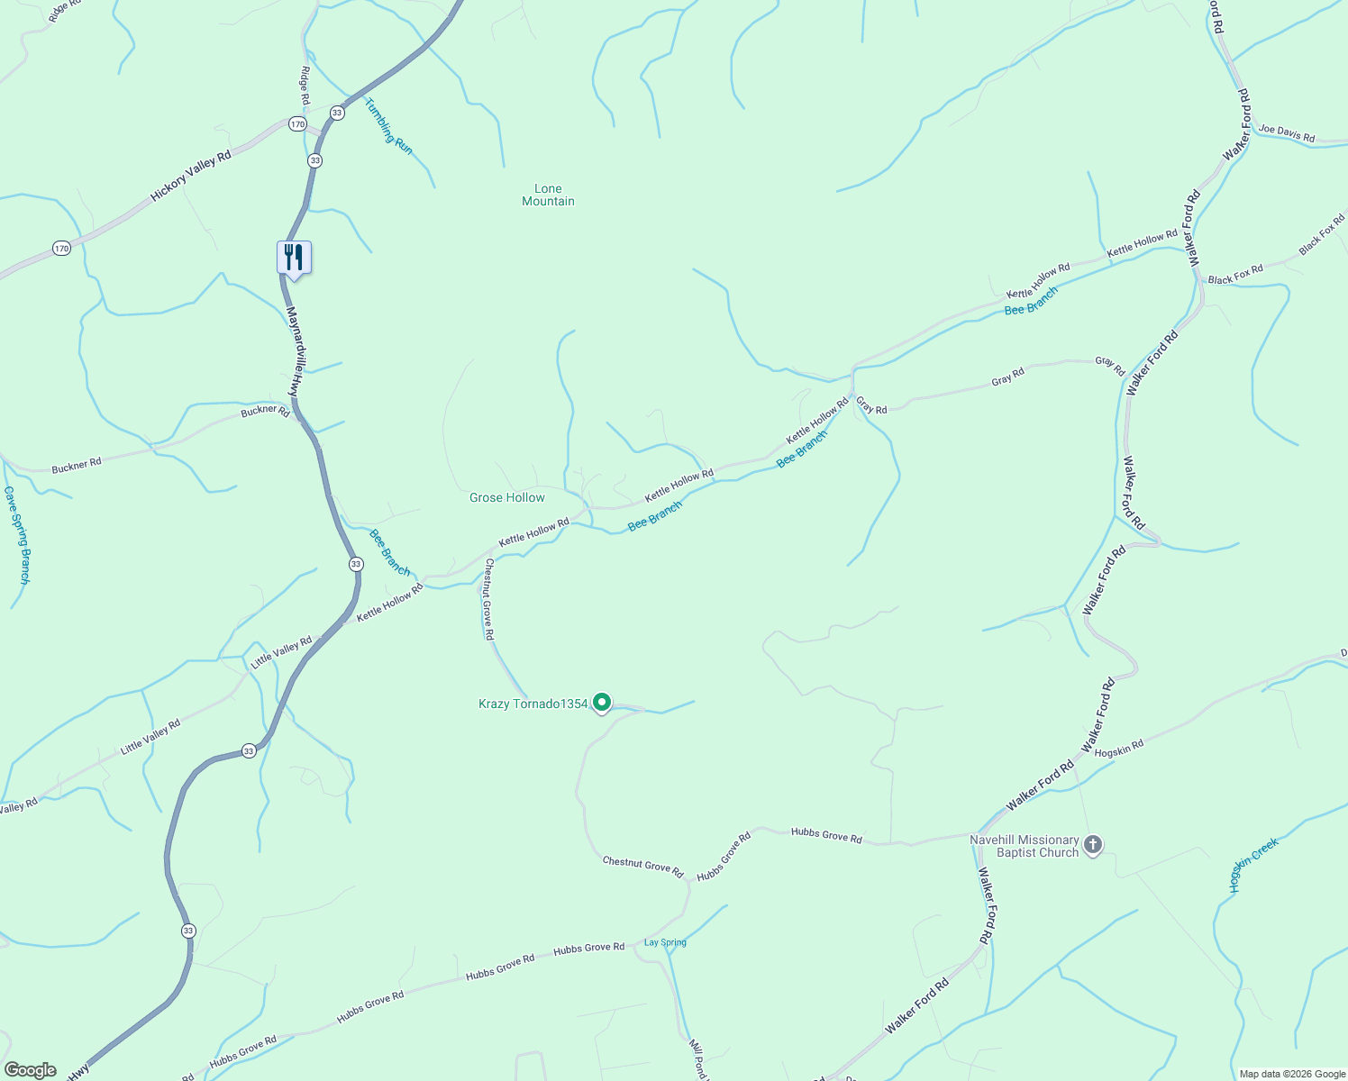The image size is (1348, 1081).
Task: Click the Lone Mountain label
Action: [x=548, y=195]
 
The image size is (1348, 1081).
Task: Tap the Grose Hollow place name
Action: [x=506, y=497]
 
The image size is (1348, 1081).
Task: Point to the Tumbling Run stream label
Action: [x=388, y=126]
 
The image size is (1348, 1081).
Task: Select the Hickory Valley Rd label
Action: [x=191, y=175]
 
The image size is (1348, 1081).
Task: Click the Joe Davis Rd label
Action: [x=1286, y=133]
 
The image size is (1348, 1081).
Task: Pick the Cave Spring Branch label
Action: [x=17, y=535]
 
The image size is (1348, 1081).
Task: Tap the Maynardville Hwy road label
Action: [x=292, y=351]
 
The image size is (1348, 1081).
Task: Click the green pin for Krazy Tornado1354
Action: [x=602, y=702]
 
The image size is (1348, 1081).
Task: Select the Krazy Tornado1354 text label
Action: [x=533, y=704]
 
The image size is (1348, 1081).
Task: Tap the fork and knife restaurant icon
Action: [x=294, y=257]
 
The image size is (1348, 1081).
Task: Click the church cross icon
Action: [x=1092, y=845]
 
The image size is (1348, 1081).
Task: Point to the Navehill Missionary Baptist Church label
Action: [x=1024, y=846]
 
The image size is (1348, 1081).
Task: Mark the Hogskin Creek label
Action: [x=1253, y=865]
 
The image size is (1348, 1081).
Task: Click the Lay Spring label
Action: [x=665, y=942]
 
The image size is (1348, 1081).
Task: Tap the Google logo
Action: [x=31, y=1070]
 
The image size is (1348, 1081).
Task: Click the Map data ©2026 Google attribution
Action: [x=1291, y=1074]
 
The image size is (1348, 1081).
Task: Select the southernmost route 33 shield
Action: [x=187, y=931]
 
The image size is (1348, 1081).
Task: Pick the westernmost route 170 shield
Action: [x=60, y=248]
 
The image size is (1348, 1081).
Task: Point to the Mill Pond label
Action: [x=697, y=1060]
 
